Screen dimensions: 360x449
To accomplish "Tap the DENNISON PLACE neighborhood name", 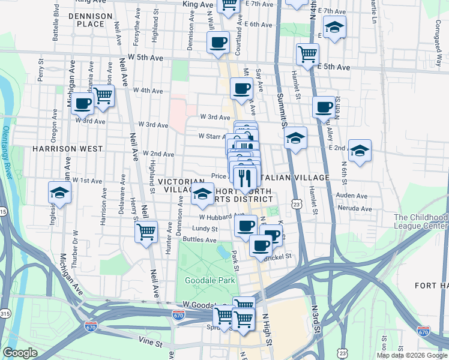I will click(91, 20).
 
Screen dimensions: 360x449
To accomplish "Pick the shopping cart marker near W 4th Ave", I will click(103, 95).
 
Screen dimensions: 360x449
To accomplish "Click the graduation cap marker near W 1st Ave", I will click(59, 193).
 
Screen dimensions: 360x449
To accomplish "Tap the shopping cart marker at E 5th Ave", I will click(307, 54).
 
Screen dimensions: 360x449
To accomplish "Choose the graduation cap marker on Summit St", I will click(295, 139).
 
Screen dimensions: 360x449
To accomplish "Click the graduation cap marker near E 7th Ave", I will click(334, 27).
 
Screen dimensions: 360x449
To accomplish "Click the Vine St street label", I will click(152, 343).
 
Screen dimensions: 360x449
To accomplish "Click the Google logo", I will click(20, 353).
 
